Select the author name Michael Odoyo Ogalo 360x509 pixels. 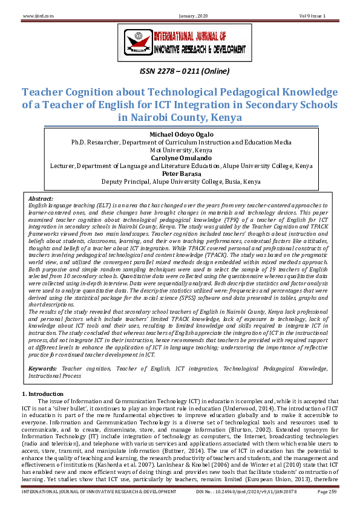click(180, 134)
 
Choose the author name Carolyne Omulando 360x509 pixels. click(180, 158)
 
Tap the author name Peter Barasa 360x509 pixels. click(180, 173)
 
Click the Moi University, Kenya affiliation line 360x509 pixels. click(180, 150)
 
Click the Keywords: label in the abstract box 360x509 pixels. click(43, 368)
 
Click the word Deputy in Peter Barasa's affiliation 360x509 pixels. click(114, 181)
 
